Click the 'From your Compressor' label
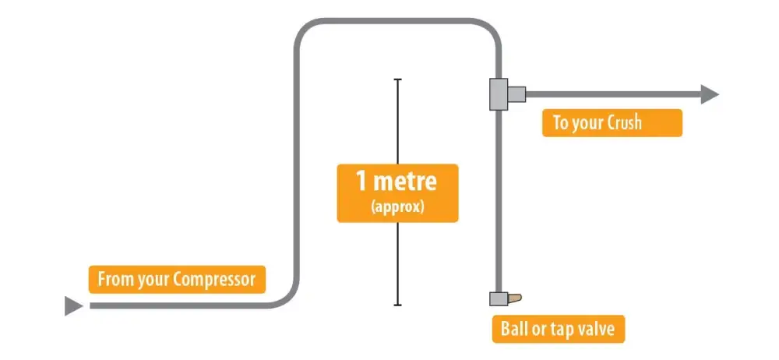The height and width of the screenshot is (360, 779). tap(177, 280)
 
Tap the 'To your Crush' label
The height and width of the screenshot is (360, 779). tap(612, 123)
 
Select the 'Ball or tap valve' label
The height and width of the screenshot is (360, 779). tap(558, 330)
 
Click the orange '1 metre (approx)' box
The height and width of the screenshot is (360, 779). tap(398, 193)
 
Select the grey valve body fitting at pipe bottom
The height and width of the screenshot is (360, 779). tap(498, 298)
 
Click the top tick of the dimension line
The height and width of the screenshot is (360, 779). tap(398, 79)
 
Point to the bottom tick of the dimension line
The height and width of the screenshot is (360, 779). tap(398, 305)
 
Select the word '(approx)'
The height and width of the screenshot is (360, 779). tap(398, 207)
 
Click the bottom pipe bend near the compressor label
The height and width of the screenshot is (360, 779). tap(287, 297)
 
